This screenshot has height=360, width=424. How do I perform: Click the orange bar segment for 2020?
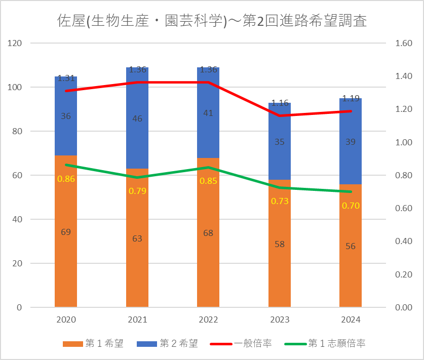(x=66, y=253)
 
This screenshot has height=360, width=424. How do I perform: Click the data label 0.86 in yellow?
(x=66, y=179)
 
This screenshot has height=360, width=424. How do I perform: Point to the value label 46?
(x=137, y=118)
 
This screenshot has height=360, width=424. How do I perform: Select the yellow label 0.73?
(x=280, y=201)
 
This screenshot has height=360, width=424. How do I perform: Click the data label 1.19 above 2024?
(x=351, y=99)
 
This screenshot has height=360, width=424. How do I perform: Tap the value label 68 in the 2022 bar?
(x=208, y=233)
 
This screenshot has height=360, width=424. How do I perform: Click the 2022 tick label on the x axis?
(x=208, y=320)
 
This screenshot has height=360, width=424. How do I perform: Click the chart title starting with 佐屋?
(x=212, y=22)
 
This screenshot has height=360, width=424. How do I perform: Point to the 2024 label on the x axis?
(x=351, y=320)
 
